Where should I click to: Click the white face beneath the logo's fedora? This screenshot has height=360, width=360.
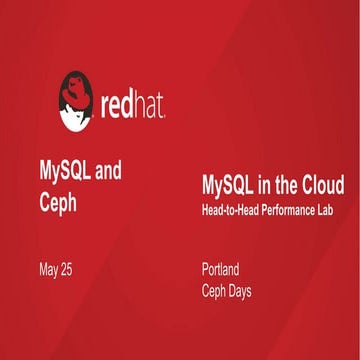[x=73, y=113]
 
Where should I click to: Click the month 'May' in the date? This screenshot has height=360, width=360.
[x=50, y=269]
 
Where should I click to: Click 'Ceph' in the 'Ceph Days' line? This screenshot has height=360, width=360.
[x=214, y=290]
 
